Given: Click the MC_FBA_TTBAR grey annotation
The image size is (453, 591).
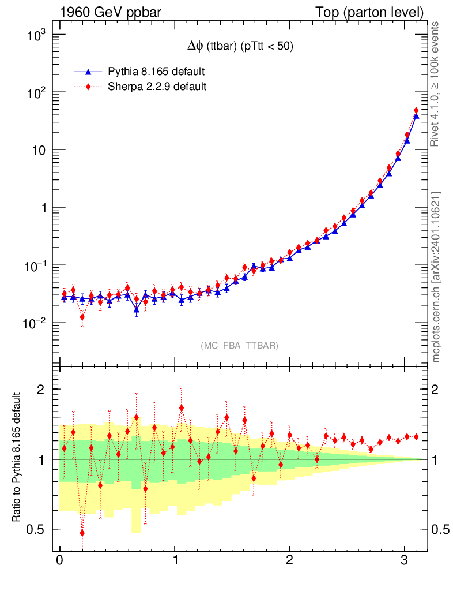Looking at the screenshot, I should [x=239, y=346].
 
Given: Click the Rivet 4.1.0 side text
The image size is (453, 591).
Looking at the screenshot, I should [x=436, y=84].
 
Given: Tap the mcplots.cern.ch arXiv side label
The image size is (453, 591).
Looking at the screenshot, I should [x=436, y=277].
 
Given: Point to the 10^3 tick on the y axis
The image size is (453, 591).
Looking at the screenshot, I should [x=35, y=36].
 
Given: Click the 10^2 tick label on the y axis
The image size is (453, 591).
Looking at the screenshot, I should [x=35, y=93].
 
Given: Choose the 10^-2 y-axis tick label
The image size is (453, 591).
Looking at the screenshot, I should [x=33, y=324].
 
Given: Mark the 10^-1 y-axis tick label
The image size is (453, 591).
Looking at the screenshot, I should [x=33, y=266].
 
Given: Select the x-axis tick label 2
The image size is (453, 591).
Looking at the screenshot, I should [x=290, y=561].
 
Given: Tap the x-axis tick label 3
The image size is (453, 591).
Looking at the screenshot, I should [x=405, y=561].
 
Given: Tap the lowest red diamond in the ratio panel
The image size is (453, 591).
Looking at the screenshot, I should [x=82, y=533].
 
